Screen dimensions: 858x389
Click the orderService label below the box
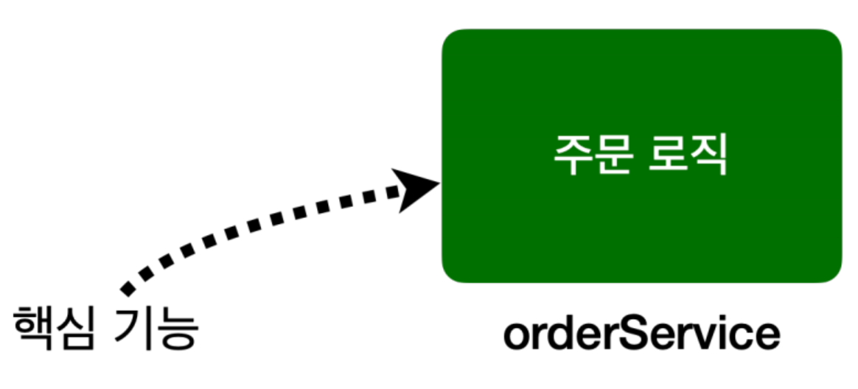pyautogui.click(x=641, y=334)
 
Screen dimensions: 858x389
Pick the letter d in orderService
pyautogui.click(x=561, y=334)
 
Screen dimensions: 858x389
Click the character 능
pyautogui.click(x=178, y=329)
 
